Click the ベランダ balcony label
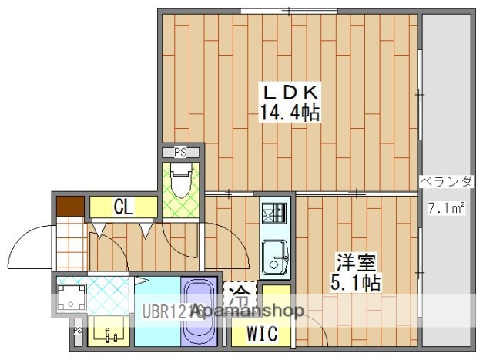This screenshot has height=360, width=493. pos(447,182)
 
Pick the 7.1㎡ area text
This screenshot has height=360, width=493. pos(447,207)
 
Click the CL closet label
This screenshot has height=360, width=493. pos(122,207)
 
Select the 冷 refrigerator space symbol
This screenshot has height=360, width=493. pos(241,294)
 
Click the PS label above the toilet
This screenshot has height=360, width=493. pos(180,151)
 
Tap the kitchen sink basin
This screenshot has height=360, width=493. pos(274,254)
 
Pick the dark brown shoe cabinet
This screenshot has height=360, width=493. pos(70,207)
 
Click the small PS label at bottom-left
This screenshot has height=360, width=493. pos(77,331)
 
